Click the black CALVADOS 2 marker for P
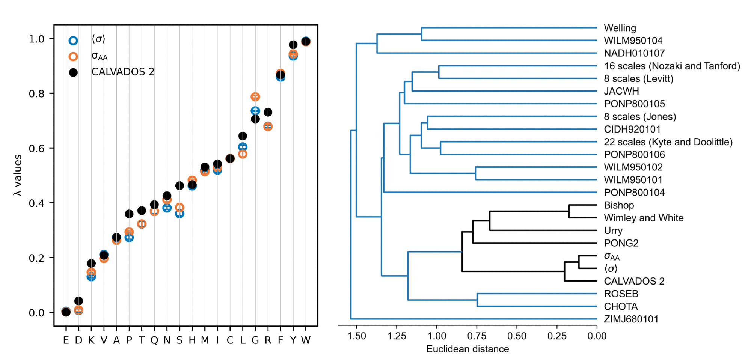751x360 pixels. (129, 214)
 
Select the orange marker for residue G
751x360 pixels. (255, 97)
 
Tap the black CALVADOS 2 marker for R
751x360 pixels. (268, 112)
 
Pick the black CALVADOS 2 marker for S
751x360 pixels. (179, 186)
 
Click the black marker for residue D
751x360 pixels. (78, 301)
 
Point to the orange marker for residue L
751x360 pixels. (243, 154)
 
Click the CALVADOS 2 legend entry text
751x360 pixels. (123, 72)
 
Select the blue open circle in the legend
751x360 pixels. (73, 41)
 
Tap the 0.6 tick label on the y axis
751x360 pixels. (36, 148)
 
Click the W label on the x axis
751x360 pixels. (306, 340)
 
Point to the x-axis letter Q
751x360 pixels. (154, 340)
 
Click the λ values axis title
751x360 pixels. (17, 175)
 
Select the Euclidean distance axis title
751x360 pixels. (467, 349)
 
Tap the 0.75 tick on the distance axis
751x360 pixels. (477, 336)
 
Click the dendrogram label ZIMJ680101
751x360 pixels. (631, 319)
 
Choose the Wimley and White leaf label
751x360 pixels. (644, 218)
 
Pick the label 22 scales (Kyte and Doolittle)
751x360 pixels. (668, 142)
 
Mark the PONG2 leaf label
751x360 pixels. (621, 243)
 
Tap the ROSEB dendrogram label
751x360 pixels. (621, 294)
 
